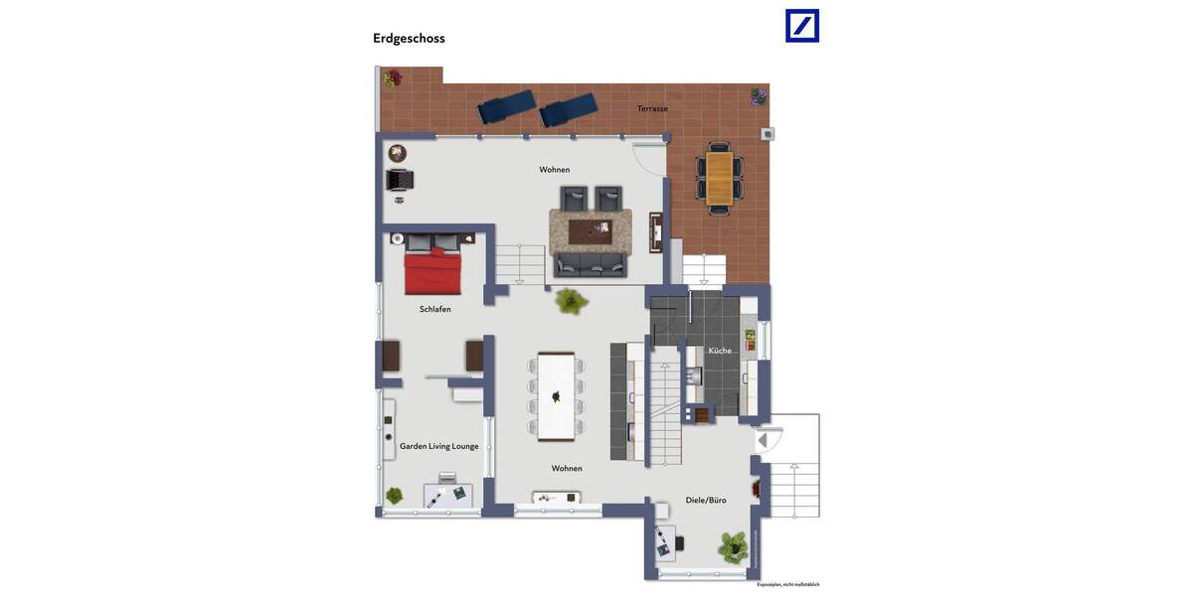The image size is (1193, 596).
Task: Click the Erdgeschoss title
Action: coord(409,39)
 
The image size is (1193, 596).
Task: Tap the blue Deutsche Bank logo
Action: coord(802,26)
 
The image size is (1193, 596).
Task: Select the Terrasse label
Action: coord(652,108)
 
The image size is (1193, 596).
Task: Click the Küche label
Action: coord(720,351)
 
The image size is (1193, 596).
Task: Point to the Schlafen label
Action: coord(434,309)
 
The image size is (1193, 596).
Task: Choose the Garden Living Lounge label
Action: coord(438,446)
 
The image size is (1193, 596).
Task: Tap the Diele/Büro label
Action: coord(706,500)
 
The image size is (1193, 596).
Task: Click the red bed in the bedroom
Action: coord(432,271)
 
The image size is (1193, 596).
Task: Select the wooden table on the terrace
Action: coord(719,178)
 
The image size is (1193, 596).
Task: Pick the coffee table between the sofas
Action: coord(591,230)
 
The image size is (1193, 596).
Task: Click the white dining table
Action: coord(556,396)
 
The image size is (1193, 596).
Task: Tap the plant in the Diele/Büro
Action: coord(734,546)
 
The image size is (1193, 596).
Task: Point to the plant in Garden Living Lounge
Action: coord(395,495)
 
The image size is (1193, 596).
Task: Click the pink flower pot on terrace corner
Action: coord(393,77)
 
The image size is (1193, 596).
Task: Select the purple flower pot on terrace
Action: coord(759,96)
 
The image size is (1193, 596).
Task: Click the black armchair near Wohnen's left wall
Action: coord(400,180)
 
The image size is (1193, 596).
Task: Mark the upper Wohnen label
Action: coord(555,170)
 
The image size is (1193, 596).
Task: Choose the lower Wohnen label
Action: coord(567,468)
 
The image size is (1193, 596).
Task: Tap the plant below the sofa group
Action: coord(571,301)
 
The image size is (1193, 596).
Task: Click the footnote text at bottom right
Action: coord(787,584)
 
